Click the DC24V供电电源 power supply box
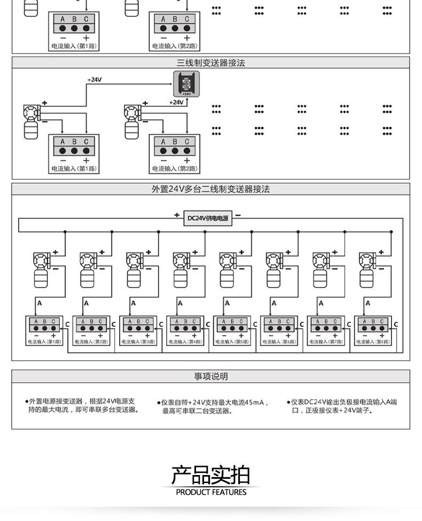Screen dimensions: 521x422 (208, 219)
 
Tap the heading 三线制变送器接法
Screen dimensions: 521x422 (210, 63)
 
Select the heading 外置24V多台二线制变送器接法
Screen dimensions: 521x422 (210, 189)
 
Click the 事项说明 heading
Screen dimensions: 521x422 (210, 377)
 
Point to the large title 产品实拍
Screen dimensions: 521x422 (210, 475)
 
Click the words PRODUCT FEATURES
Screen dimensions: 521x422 (211, 492)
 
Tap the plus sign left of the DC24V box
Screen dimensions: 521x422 (177, 215)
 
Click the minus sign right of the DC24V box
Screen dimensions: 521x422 (238, 215)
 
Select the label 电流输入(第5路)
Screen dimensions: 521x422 (232, 341)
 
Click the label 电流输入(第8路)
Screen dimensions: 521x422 (373, 341)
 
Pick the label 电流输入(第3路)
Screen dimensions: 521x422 (138, 341)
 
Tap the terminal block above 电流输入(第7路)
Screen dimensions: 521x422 (325, 325)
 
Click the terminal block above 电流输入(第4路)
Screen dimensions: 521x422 (185, 325)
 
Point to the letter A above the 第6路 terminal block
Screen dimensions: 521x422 (274, 304)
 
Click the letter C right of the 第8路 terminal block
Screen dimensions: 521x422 (396, 324)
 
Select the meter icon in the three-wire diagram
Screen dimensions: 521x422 (186, 84)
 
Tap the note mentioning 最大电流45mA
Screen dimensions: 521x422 (213, 407)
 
